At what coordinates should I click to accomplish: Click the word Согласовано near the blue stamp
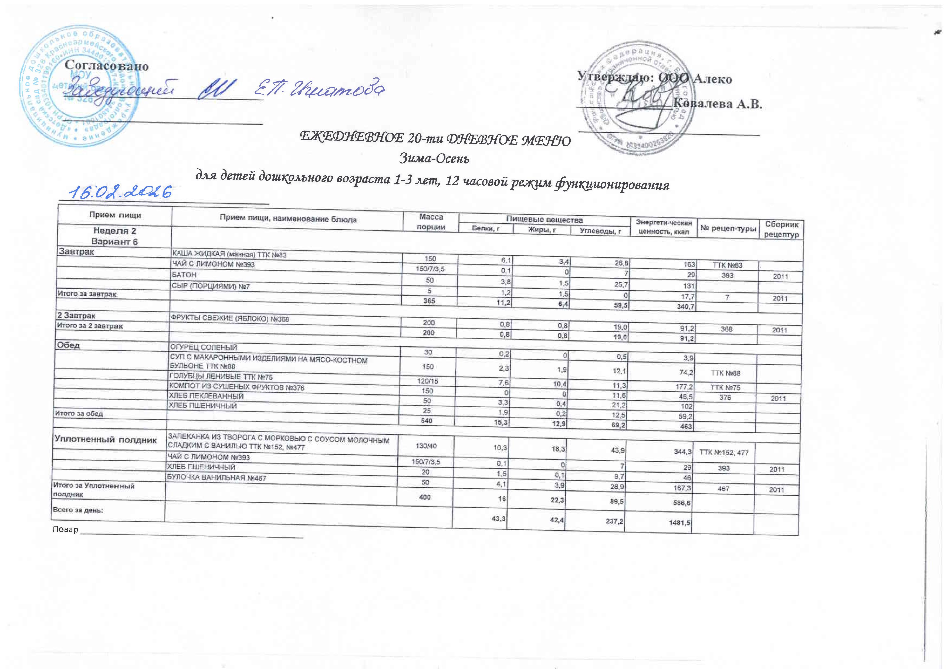pos(106,66)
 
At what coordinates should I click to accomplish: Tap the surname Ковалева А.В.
pos(718,104)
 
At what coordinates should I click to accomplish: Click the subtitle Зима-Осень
pos(434,158)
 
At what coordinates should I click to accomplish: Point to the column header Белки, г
pos(486,229)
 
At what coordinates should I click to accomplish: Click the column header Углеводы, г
pos(600,231)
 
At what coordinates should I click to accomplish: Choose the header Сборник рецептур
pos(782,229)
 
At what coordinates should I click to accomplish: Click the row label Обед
pos(69,345)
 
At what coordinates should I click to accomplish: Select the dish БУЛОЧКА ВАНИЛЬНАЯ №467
pos(216,478)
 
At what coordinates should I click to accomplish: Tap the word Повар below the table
pos(65,529)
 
